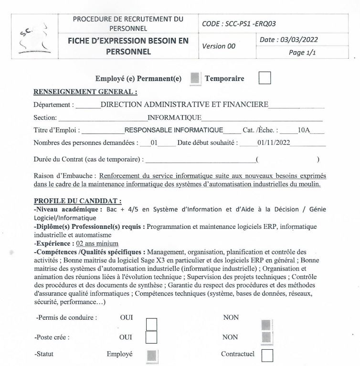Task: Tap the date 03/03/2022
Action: tap(289, 40)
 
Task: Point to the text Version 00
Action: tap(219, 46)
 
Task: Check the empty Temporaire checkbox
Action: tap(265, 78)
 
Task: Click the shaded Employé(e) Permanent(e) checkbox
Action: tap(194, 79)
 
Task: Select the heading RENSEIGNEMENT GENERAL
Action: tap(85, 92)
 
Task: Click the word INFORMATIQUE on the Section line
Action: tap(175, 118)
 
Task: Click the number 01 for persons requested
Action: tap(154, 142)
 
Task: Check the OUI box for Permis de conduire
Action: tap(151, 324)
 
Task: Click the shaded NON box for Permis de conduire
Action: tap(266, 325)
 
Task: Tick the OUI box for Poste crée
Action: tap(151, 337)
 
